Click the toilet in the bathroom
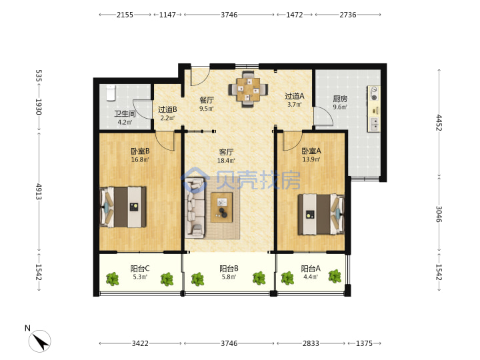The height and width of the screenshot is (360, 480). [x=111, y=93]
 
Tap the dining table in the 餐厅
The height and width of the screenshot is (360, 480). [x=248, y=89]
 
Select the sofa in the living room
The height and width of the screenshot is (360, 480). [x=195, y=208]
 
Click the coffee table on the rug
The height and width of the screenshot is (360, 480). [x=221, y=207]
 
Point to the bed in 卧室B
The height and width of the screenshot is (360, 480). [x=123, y=207]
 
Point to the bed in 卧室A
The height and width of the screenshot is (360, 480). [x=321, y=214]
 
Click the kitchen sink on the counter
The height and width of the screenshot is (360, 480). [x=374, y=125]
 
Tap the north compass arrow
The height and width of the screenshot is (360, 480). [x=40, y=341]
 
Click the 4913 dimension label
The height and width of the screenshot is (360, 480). [x=38, y=191]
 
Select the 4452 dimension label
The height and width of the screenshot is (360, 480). [x=439, y=123]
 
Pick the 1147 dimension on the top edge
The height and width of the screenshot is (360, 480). [x=167, y=15]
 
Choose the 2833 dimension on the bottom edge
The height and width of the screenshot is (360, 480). [x=311, y=343]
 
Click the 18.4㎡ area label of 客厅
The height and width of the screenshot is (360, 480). [x=226, y=161]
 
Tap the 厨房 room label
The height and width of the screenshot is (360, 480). [x=340, y=99]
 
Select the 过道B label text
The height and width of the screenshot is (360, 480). [x=167, y=109]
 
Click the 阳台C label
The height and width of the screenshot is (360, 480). [x=140, y=269]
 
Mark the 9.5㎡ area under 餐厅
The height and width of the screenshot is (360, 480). [x=207, y=109]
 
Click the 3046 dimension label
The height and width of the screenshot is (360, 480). [x=439, y=214]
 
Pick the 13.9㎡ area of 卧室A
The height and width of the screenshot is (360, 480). [x=311, y=159]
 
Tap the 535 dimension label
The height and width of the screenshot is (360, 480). [x=38, y=75]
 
